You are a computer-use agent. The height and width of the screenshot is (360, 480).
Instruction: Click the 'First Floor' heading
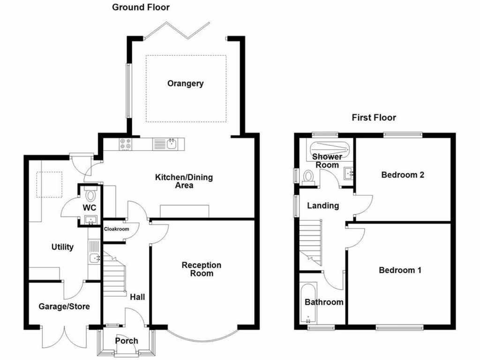[374, 118]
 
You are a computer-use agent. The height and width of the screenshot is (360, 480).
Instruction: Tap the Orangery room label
[186, 83]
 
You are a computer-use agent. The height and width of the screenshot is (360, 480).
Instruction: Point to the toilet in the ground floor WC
[90, 195]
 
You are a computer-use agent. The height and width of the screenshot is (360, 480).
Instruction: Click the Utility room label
[62, 247]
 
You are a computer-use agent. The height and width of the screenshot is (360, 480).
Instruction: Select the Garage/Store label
[64, 307]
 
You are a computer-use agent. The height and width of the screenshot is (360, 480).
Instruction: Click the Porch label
[127, 340]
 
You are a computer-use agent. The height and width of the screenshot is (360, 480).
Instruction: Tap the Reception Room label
[202, 269]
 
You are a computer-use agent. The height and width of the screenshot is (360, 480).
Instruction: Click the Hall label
[137, 297]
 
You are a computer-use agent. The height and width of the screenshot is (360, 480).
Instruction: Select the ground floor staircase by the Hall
[114, 277]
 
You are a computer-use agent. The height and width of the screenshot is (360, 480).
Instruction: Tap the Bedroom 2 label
[402, 175]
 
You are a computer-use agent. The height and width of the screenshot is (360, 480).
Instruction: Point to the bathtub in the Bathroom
[308, 304]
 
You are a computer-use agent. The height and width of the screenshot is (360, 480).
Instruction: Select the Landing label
[322, 205]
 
